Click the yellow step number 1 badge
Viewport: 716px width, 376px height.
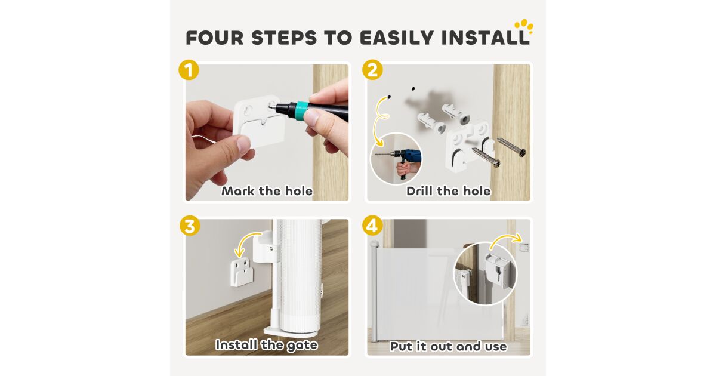tap(189, 70)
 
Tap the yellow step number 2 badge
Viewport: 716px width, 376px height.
tap(372, 70)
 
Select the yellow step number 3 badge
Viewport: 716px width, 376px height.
tap(190, 226)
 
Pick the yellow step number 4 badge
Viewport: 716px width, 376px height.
tap(372, 226)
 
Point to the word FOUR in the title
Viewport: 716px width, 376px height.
tap(215, 38)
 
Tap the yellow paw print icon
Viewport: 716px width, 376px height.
tap(524, 26)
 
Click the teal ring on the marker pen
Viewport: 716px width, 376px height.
tap(301, 111)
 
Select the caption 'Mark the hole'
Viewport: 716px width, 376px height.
tap(267, 191)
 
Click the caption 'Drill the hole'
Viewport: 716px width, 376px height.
tap(449, 191)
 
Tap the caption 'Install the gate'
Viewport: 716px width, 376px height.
tap(267, 345)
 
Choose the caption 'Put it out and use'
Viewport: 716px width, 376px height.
tap(449, 346)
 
